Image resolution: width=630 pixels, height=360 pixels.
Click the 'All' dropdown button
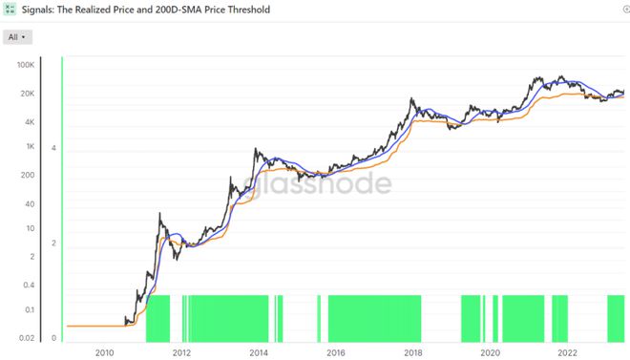(17, 37)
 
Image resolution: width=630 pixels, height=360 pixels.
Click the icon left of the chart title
(10, 9)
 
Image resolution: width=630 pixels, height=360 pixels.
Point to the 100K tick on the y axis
(26, 65)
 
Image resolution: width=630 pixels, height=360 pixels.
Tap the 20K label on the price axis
(28, 94)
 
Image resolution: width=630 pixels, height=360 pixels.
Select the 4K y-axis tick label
(30, 121)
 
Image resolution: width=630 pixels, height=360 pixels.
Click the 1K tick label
(31, 146)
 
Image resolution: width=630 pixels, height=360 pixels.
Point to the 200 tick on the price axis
(28, 175)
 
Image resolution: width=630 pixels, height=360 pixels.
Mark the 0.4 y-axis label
(29, 285)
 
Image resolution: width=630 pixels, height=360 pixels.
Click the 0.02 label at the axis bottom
(27, 338)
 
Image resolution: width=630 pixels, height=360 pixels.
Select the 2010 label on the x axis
(104, 353)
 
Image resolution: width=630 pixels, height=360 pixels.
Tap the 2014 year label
(259, 353)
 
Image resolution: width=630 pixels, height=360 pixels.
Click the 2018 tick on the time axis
(413, 353)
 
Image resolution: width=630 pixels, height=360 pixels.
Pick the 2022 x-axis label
(567, 353)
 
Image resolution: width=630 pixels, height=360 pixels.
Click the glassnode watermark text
(318, 182)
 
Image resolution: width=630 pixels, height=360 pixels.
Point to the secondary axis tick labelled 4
(53, 148)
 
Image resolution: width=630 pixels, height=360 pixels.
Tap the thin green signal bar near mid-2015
(319, 319)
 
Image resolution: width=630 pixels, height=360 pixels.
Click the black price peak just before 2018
(411, 98)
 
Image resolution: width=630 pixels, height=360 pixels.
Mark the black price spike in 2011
(159, 213)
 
